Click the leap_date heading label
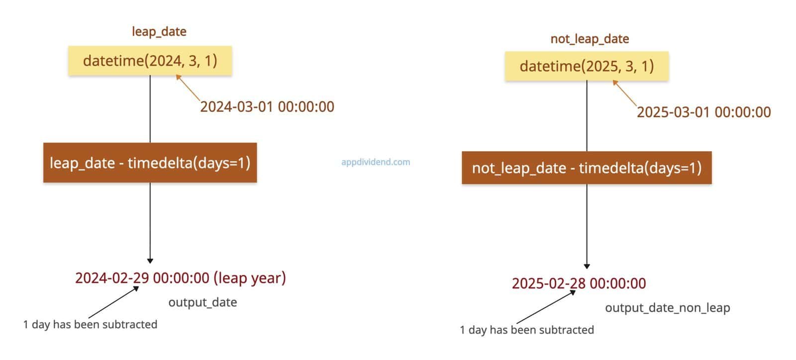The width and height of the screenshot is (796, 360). pos(159,32)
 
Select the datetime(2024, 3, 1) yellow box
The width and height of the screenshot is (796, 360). pos(150,61)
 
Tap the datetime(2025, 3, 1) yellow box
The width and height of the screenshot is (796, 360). pos(587,67)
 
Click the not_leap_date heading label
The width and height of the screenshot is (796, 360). pos(590,39)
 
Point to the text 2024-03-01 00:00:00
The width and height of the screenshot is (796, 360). pos(267,106)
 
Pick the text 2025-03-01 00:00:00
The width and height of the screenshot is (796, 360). pos(704,112)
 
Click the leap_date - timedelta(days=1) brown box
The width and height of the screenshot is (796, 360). pos(150,163)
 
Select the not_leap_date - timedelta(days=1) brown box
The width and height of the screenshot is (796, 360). pos(587,168)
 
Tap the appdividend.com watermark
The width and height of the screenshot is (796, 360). pos(376,162)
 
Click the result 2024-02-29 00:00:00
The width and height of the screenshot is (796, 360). pos(142,277)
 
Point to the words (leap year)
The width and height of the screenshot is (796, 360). pos(250,278)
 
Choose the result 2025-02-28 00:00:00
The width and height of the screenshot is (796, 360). pos(579,283)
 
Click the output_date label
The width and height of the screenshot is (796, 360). pos(202,302)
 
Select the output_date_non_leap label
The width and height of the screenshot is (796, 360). pos(668,307)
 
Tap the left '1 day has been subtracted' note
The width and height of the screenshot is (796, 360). pos(90,324)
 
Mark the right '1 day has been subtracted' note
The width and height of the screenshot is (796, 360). pos(527,330)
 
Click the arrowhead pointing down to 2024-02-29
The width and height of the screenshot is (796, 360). pos(150,261)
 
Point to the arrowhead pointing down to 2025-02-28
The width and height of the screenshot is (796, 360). pos(587,267)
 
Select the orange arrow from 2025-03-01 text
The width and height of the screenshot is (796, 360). pos(625,93)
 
